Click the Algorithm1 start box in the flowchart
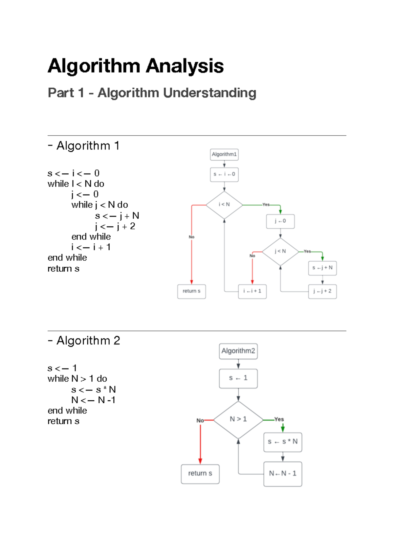pos(224,154)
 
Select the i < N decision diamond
pos(224,205)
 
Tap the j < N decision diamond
pos(280,252)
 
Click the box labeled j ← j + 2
pos(322,291)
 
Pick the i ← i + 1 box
pos(252,291)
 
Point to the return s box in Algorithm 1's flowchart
pos(191,291)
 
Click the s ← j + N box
pos(322,268)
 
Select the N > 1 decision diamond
pos(238,419)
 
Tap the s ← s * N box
pos(282,442)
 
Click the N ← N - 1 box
pos(282,474)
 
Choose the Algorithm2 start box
pos(238,351)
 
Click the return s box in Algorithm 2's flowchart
pos(200,474)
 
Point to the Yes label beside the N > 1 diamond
pos(279,419)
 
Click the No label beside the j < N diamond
pos(252,256)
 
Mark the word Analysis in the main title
pos(185,66)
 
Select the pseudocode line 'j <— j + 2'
pos(115,226)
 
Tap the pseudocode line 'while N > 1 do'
pos(77,379)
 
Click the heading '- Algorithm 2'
pos(84,341)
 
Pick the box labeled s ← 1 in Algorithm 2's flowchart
pos(238,378)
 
